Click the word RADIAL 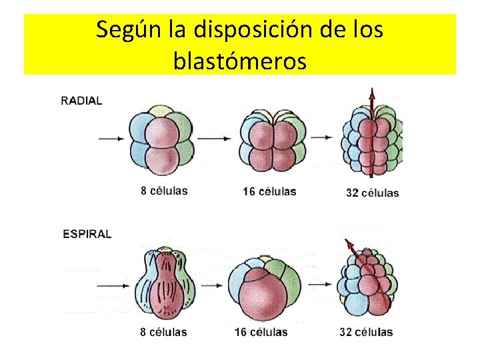click(81, 101)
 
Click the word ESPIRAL click(87, 234)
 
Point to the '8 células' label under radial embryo click(164, 191)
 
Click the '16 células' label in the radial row click(269, 191)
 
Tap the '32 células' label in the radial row click(372, 193)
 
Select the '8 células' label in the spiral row click(163, 331)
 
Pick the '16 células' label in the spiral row click(261, 331)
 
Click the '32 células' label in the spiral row click(366, 331)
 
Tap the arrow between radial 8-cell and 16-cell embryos click(213, 139)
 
